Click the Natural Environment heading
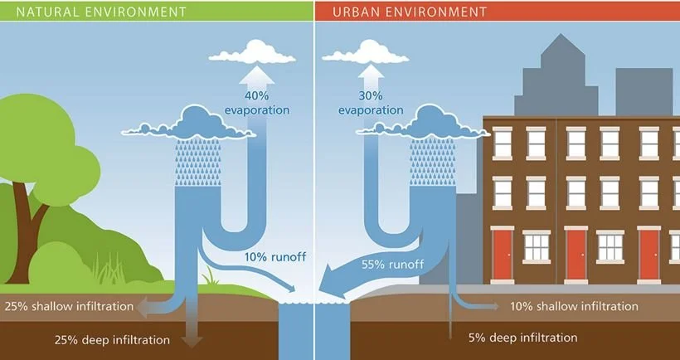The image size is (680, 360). click(x=95, y=12)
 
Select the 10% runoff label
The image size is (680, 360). click(x=275, y=256)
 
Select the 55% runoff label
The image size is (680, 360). click(x=394, y=265)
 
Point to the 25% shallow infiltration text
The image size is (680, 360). click(x=68, y=306)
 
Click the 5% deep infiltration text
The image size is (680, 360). click(x=522, y=338)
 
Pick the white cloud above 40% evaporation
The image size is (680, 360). click(x=252, y=54)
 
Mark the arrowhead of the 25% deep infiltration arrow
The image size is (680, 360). click(x=193, y=341)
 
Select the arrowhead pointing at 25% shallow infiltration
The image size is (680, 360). click(x=142, y=306)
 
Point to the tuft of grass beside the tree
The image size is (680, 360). click(x=105, y=267)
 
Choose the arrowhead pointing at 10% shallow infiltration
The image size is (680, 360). click(x=495, y=306)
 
